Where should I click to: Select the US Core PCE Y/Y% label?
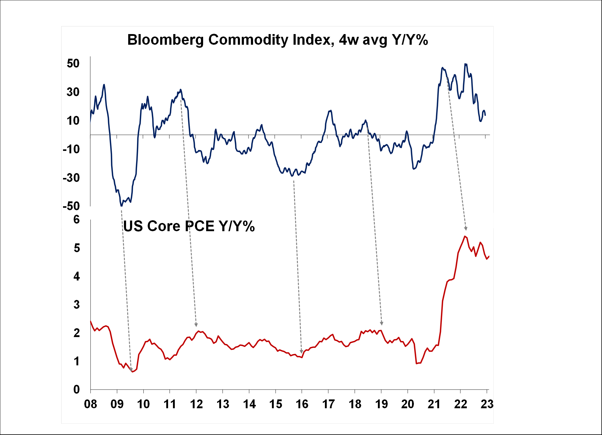click(x=189, y=226)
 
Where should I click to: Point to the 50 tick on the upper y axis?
click(x=73, y=64)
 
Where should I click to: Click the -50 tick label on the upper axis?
click(x=71, y=206)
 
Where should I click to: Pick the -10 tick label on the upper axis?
click(x=71, y=149)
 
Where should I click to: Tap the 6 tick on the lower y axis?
click(x=76, y=220)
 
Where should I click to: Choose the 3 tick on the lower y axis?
click(x=76, y=304)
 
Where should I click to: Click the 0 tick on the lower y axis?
click(x=76, y=389)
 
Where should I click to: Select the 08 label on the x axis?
click(x=90, y=404)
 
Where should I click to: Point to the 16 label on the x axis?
click(x=302, y=404)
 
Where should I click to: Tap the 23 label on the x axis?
click(x=487, y=404)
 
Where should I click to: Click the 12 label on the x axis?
click(x=196, y=404)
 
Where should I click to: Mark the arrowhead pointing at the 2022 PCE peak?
click(x=466, y=228)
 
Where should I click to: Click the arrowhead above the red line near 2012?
click(x=196, y=325)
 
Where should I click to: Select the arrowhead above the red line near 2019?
click(x=382, y=323)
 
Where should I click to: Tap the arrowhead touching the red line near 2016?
click(x=301, y=352)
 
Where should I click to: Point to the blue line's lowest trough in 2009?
click(x=121, y=206)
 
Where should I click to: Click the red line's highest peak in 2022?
click(x=465, y=236)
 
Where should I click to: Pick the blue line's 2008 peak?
click(x=104, y=85)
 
